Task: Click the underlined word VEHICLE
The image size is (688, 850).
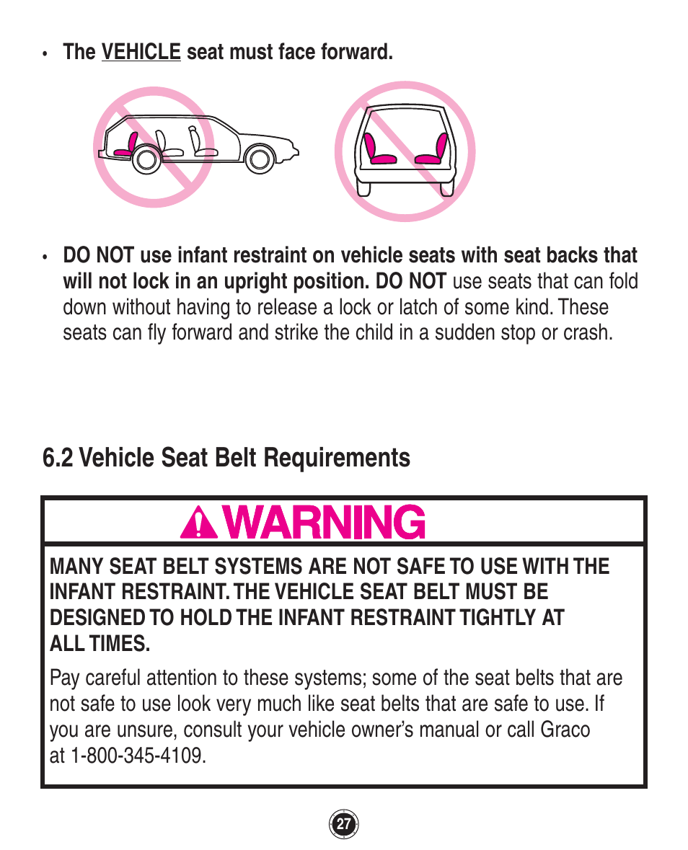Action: click(x=141, y=52)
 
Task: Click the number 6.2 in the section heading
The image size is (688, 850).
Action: click(x=58, y=458)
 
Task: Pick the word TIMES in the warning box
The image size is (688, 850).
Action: click(x=115, y=644)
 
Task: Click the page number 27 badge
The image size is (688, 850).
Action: click(x=344, y=824)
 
